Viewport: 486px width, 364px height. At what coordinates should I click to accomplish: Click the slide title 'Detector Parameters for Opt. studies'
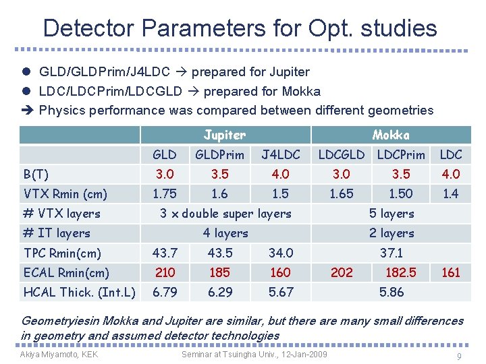click(240, 28)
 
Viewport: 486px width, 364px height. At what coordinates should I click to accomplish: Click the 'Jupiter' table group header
click(225, 135)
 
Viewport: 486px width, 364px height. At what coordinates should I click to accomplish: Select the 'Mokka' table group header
click(391, 135)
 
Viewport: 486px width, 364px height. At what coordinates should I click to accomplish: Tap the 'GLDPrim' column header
click(219, 154)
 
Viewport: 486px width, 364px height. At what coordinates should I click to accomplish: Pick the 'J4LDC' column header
click(280, 154)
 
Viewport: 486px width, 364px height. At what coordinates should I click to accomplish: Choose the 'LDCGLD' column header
click(341, 154)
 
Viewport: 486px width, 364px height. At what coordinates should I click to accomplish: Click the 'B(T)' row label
click(36, 175)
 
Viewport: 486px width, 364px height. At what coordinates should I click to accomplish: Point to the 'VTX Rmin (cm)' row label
click(65, 194)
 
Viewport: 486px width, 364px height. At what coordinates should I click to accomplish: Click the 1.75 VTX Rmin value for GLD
click(165, 194)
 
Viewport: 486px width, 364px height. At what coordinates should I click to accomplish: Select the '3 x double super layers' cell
click(225, 214)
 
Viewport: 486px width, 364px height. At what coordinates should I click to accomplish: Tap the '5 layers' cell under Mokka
click(391, 214)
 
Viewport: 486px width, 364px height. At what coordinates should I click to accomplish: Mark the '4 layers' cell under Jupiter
click(225, 233)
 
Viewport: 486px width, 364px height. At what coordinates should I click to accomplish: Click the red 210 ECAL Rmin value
click(165, 272)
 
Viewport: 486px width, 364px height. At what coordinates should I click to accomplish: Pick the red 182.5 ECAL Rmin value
click(400, 272)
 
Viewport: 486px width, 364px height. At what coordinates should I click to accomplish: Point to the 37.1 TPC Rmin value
click(391, 253)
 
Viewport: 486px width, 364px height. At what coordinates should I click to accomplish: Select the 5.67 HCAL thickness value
click(280, 292)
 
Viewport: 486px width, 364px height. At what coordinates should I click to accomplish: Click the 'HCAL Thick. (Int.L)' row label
click(79, 292)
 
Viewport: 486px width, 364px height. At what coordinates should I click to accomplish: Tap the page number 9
click(459, 357)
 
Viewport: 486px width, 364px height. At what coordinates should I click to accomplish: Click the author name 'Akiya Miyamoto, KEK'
click(59, 355)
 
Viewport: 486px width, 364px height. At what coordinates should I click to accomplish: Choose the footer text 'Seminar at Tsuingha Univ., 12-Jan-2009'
click(254, 355)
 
